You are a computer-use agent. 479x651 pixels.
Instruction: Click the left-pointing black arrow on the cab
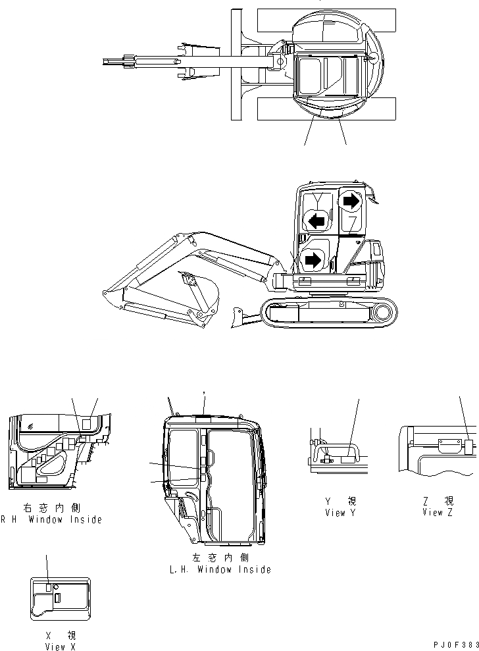[316, 222]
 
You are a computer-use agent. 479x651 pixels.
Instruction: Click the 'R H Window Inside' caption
[53, 519]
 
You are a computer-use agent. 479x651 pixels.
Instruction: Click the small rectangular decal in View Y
[347, 461]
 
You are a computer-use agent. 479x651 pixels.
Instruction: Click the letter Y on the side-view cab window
[318, 199]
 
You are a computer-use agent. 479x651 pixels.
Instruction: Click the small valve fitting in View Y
[324, 461]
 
